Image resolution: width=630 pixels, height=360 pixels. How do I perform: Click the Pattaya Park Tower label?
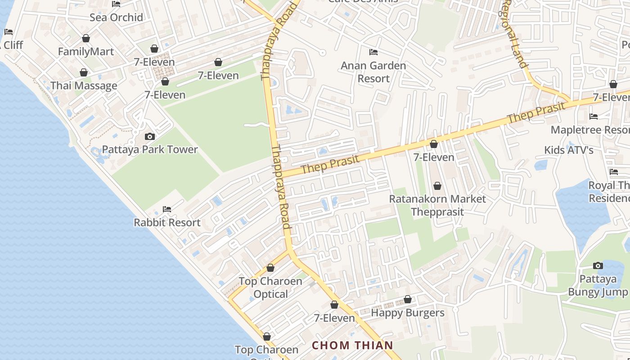(x=150, y=149)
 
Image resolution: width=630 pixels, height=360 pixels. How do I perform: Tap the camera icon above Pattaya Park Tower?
(x=150, y=136)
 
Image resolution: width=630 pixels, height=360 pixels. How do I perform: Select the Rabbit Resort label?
(x=167, y=222)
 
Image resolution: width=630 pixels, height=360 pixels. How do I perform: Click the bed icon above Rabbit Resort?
(x=167, y=209)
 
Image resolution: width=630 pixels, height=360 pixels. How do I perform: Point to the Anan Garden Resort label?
(x=373, y=72)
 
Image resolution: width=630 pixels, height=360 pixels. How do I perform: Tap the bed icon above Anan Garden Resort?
(x=373, y=52)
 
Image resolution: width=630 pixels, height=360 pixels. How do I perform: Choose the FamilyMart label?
(x=86, y=52)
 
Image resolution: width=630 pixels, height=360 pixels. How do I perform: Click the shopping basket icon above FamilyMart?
(x=86, y=39)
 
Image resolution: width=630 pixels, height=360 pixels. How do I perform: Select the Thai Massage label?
(x=84, y=85)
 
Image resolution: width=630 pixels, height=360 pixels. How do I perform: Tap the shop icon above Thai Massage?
(x=84, y=72)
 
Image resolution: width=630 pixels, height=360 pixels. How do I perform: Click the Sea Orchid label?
(x=116, y=18)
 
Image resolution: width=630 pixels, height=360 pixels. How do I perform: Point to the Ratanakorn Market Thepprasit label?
(x=437, y=205)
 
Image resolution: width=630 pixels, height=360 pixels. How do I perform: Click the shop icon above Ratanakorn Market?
(x=437, y=186)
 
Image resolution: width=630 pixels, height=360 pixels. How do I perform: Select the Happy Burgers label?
(x=408, y=313)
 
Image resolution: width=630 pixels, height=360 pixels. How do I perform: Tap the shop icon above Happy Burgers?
(x=408, y=300)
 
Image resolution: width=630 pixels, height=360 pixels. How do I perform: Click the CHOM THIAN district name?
(x=353, y=346)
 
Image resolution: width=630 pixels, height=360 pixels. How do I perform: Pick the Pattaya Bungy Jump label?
(x=598, y=285)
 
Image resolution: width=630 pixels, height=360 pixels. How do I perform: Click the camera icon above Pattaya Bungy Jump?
(x=598, y=265)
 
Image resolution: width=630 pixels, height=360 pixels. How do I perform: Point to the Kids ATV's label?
(x=569, y=150)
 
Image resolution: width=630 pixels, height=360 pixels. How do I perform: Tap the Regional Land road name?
(x=513, y=34)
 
